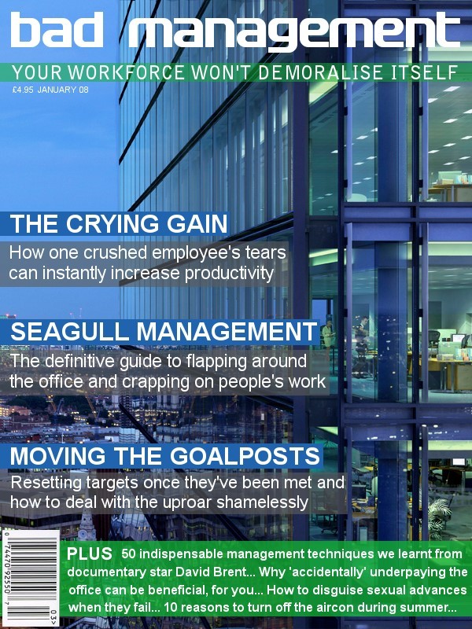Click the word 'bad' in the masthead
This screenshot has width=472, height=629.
click(x=56, y=29)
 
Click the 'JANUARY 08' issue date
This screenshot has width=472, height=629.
click(x=63, y=90)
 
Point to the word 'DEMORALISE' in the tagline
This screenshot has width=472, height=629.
click(x=320, y=72)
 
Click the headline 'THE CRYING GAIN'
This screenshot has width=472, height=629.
click(x=119, y=224)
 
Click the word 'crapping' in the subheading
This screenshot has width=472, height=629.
click(x=155, y=382)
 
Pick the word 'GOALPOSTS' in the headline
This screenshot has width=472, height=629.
click(x=245, y=456)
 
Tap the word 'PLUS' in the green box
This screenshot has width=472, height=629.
click(x=90, y=554)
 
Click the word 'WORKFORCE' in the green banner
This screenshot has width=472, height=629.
click(x=126, y=72)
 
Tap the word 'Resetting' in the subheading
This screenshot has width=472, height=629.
click(x=46, y=483)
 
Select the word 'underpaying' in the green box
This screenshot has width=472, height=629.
click(x=406, y=573)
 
